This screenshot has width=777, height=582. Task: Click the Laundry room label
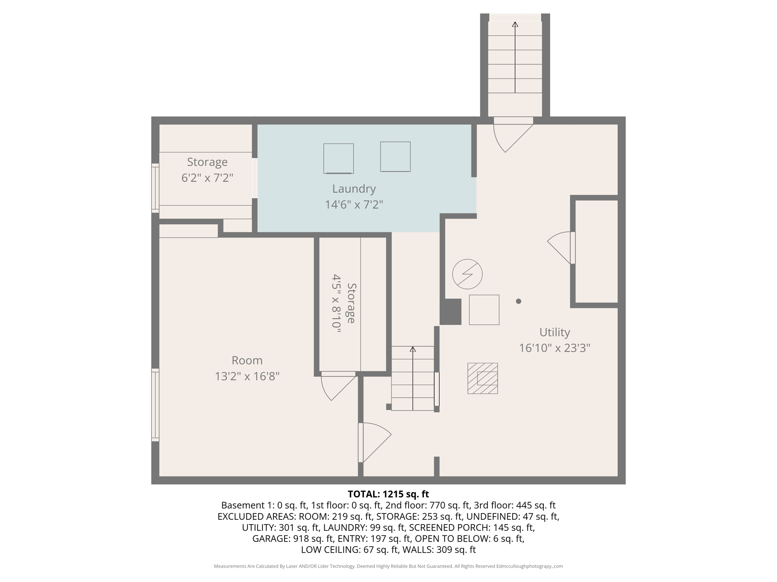coord(354,189)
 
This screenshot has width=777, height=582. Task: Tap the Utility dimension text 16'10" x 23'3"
coord(554,348)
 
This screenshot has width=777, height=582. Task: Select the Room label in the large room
coord(247,360)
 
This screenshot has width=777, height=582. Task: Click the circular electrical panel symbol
coord(467,274)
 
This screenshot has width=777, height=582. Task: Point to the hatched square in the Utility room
coord(482,378)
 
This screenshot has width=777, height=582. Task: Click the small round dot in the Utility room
coord(518,301)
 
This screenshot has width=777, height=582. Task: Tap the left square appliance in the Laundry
coord(338,158)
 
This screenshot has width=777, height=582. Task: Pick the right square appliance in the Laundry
coord(395,156)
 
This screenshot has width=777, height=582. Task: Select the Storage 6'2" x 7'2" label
coord(207,170)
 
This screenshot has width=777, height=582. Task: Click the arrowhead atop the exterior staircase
coord(515,24)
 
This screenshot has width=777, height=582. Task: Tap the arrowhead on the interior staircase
coord(412,349)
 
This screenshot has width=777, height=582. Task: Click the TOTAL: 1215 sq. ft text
coord(388,494)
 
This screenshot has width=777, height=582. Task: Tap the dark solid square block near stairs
coord(450,311)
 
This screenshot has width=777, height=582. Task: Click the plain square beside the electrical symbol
coord(484,310)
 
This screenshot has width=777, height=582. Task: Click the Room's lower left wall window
coord(155,405)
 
